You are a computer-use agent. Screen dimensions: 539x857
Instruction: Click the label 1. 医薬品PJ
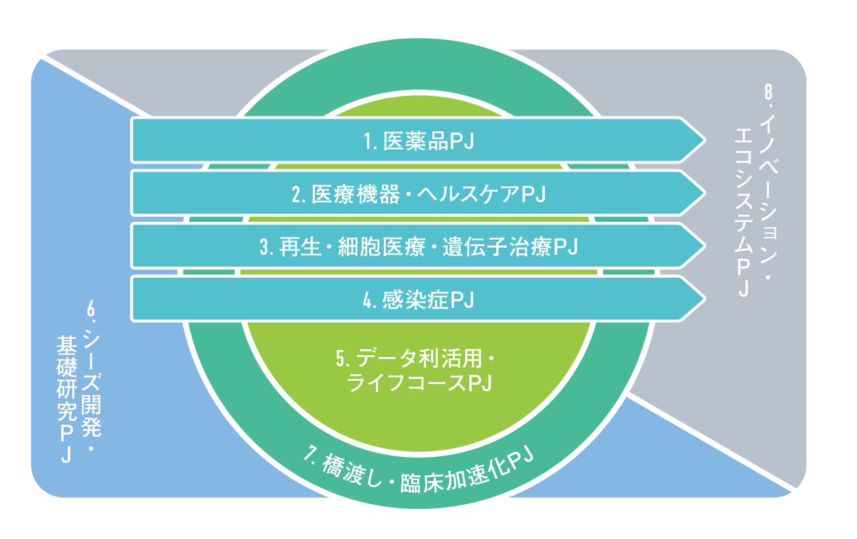[419, 140]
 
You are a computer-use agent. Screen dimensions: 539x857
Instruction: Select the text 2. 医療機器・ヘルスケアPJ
[419, 194]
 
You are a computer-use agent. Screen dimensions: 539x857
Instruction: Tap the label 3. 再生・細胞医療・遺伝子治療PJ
[419, 247]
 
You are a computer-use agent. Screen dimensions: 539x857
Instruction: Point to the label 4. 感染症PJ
[419, 300]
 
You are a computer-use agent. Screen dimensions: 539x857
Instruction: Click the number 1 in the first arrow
[369, 141]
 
